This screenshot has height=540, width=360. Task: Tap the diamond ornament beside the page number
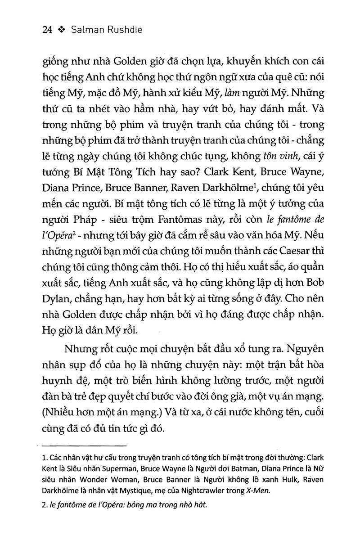click(62, 30)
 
